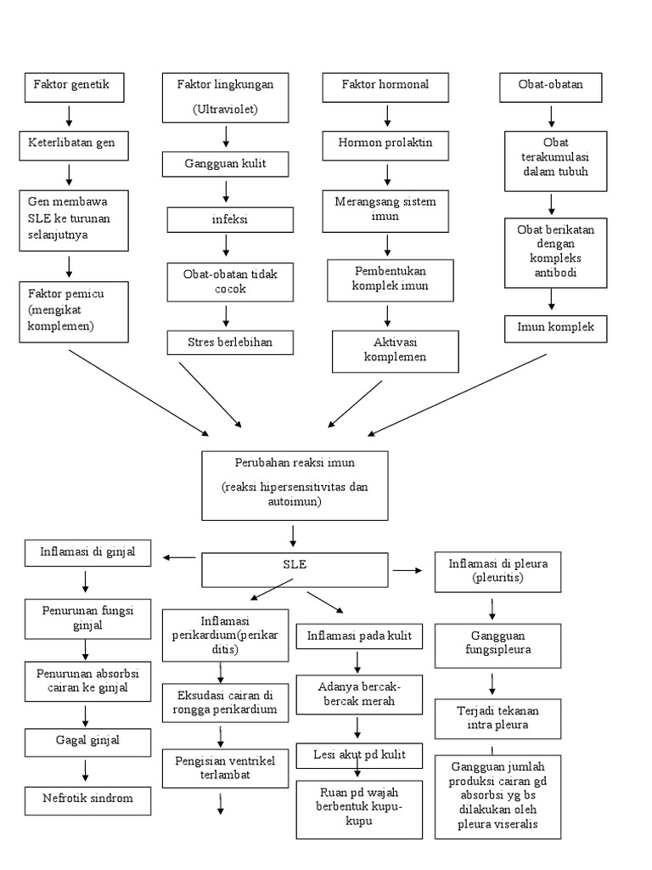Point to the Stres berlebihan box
tap(230, 342)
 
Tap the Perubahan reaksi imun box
tap(295, 485)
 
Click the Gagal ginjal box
tap(85, 742)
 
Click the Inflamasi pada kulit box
tap(358, 636)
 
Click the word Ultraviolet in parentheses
tap(224, 110)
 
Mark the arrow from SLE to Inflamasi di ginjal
tap(178, 557)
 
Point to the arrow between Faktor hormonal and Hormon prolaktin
tap(387, 116)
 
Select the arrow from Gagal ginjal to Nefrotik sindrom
tap(86, 771)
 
